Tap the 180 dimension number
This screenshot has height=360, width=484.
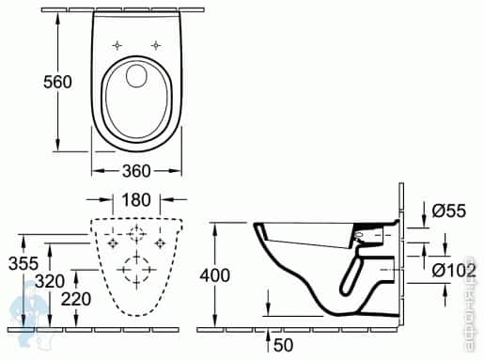click(136, 199)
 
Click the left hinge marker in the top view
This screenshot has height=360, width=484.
click(117, 45)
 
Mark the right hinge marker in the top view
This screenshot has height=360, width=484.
click(156, 45)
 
